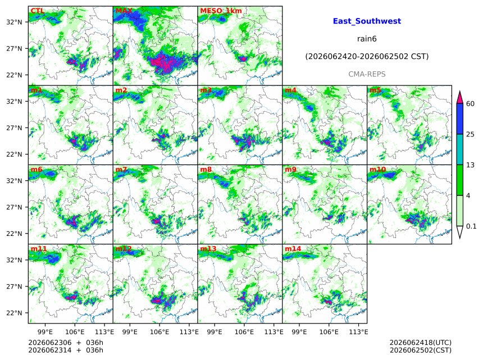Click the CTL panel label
click(x=37, y=11)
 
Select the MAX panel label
click(x=124, y=11)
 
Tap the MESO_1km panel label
click(x=221, y=11)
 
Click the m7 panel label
click(x=121, y=170)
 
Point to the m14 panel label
click(x=293, y=249)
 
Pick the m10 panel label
click(x=377, y=170)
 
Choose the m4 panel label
click(x=290, y=90)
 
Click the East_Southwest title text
click(x=367, y=21)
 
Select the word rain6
click(x=367, y=39)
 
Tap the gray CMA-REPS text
click(x=367, y=74)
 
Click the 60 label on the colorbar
click(x=470, y=103)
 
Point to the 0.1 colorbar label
click(x=471, y=226)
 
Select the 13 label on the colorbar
click(x=470, y=165)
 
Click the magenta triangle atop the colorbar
click(x=459, y=98)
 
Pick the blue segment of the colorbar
click(x=459, y=119)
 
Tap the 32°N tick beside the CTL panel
click(x=15, y=22)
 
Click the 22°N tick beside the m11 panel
click(x=15, y=313)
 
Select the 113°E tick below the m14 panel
click(x=358, y=332)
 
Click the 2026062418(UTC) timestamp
click(x=421, y=343)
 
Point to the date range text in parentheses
click(x=367, y=57)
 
